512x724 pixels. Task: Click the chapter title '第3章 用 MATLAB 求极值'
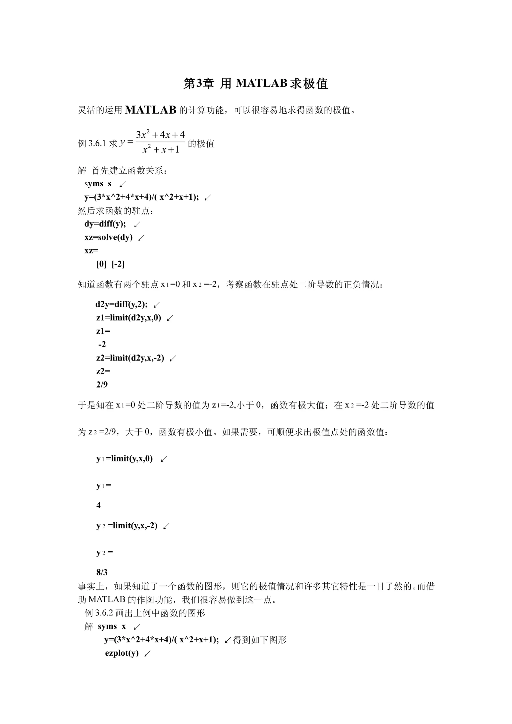(256, 83)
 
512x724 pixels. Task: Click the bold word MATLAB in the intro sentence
(150, 110)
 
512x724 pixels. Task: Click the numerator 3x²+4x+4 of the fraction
(160, 135)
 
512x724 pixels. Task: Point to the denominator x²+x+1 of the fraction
(160, 149)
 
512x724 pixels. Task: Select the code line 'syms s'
(98, 184)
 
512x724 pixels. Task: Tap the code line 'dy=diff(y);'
(105, 224)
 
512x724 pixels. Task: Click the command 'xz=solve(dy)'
(108, 237)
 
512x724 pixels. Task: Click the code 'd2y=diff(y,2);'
(121, 304)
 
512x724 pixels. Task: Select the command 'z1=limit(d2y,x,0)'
(129, 318)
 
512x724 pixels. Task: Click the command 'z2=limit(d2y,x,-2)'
(130, 358)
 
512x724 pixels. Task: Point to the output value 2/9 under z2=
(102, 384)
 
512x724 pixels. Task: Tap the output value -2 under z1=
(102, 344)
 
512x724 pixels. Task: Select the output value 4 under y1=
(98, 505)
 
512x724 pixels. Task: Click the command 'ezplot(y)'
(122, 653)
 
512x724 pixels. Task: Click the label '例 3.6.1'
(92, 144)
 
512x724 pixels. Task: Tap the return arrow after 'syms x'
(137, 627)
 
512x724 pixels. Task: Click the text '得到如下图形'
(260, 640)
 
